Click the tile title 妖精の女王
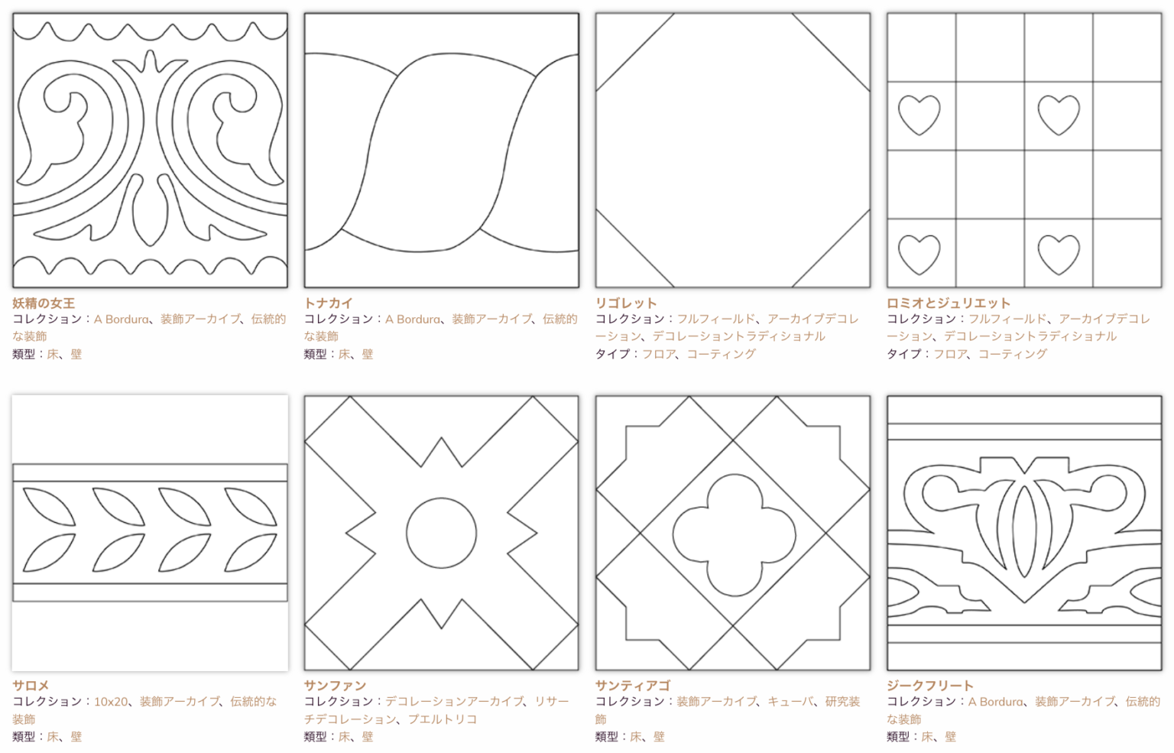44,303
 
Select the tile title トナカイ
329,303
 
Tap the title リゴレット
626,303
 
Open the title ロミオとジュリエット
948,303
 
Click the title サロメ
31,686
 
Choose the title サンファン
335,686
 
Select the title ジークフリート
929,686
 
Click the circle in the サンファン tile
441,498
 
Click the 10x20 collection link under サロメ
111,702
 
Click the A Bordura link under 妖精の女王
121,320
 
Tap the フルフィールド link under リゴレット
716,320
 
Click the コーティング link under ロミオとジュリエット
1013,354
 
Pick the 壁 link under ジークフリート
950,737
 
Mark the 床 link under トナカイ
345,354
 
